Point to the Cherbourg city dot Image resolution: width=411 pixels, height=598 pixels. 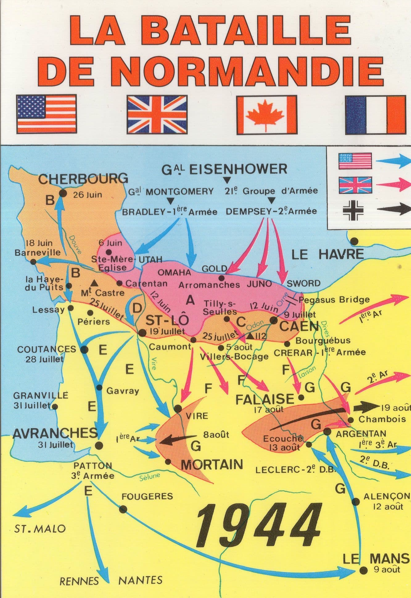click(x=63, y=193)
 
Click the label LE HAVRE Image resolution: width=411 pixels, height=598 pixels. click(x=328, y=255)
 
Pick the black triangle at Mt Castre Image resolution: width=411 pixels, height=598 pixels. click(x=94, y=282)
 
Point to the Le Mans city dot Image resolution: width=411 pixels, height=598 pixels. click(x=364, y=570)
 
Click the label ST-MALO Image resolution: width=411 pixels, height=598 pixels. click(x=40, y=529)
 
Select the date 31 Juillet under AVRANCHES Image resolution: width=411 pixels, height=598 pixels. click(x=55, y=445)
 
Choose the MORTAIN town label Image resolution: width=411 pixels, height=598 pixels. click(x=212, y=464)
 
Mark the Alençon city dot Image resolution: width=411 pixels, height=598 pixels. click(x=356, y=502)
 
